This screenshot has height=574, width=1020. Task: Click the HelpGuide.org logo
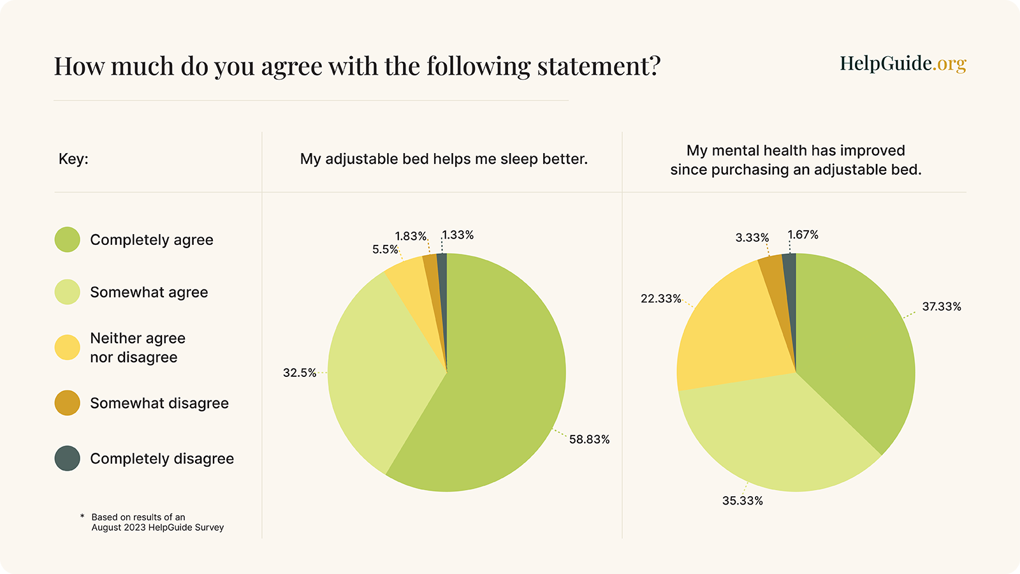903,63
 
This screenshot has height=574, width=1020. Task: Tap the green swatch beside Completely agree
68,240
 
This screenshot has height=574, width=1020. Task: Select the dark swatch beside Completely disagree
68,459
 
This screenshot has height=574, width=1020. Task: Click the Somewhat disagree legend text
159,403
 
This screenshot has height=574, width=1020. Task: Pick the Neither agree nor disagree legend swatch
68,348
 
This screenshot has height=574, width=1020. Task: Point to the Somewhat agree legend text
149,292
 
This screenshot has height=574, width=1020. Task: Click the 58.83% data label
589,439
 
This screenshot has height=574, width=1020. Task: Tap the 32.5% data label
300,372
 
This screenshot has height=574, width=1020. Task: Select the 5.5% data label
385,249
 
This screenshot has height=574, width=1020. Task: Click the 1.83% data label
411,236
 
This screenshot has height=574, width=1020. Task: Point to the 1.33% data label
458,235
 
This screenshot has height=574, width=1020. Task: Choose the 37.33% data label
942,307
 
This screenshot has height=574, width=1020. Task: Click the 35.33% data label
743,501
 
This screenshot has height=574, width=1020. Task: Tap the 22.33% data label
661,298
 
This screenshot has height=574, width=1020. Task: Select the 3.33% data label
752,237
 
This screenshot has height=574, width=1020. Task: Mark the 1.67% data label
803,235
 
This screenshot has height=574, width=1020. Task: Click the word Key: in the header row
73,159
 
